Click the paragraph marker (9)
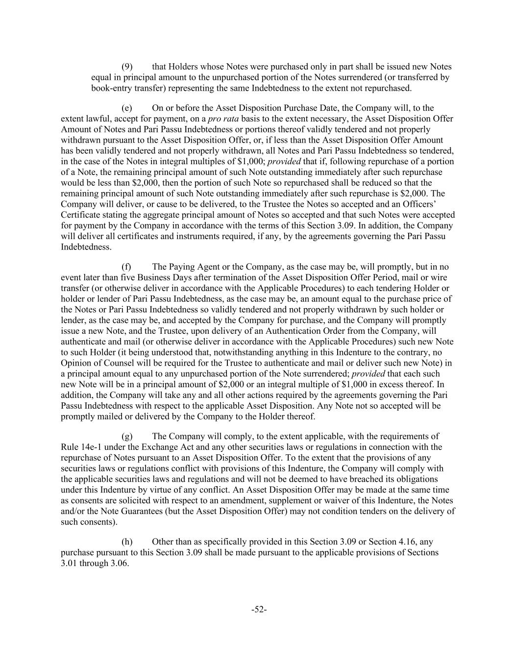[127, 67]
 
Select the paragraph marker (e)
[127, 108]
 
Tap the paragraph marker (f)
[126, 267]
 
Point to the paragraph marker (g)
[127, 436]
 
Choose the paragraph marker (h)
[127, 542]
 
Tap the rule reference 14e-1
[89, 447]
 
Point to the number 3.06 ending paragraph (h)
[119, 563]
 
